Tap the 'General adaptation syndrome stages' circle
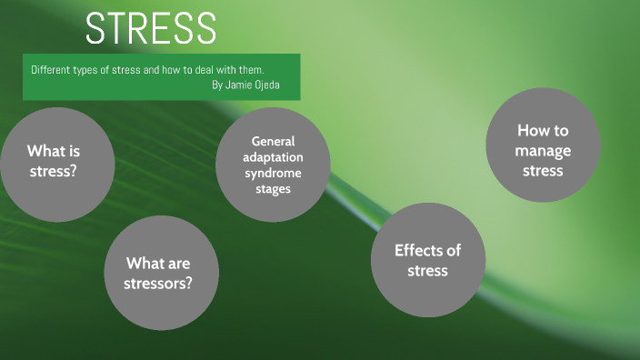pos(273,165)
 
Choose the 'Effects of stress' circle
pos(427,260)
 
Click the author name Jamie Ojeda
pos(256,85)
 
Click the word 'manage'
pos(543,150)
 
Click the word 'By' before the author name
pos(216,85)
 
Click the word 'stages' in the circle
pos(273,189)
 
